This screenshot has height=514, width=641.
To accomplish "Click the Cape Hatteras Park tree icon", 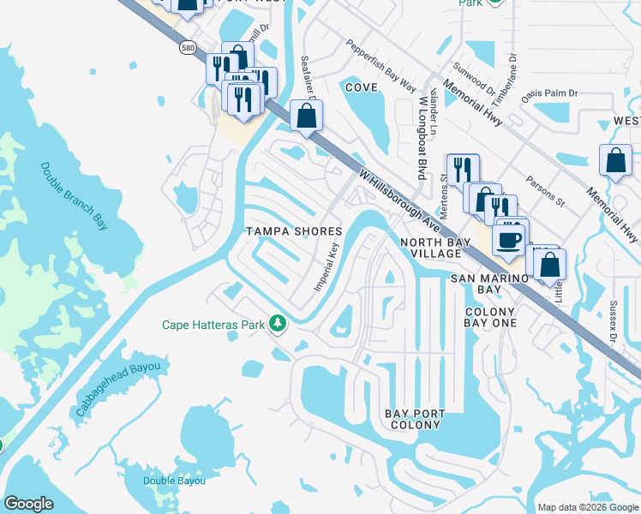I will tap(277, 324).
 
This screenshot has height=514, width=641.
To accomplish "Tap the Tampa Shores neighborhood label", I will tap(294, 231).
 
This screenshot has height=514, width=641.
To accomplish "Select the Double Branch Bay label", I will tap(75, 195).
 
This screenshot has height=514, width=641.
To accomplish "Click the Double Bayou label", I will tap(174, 481).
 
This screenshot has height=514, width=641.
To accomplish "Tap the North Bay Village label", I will tap(436, 248).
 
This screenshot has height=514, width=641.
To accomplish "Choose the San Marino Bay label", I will tap(488, 284).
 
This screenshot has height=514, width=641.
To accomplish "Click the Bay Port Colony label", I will tap(416, 419).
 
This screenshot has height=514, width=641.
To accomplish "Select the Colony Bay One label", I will tap(490, 317).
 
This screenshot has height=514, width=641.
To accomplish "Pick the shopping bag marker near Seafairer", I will tap(306, 115).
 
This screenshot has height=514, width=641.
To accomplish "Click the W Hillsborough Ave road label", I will tap(401, 203).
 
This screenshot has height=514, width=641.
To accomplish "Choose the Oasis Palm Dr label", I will tap(551, 93).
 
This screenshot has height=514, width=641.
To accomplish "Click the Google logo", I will tap(29, 504).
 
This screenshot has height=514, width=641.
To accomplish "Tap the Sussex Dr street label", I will tap(613, 321).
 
